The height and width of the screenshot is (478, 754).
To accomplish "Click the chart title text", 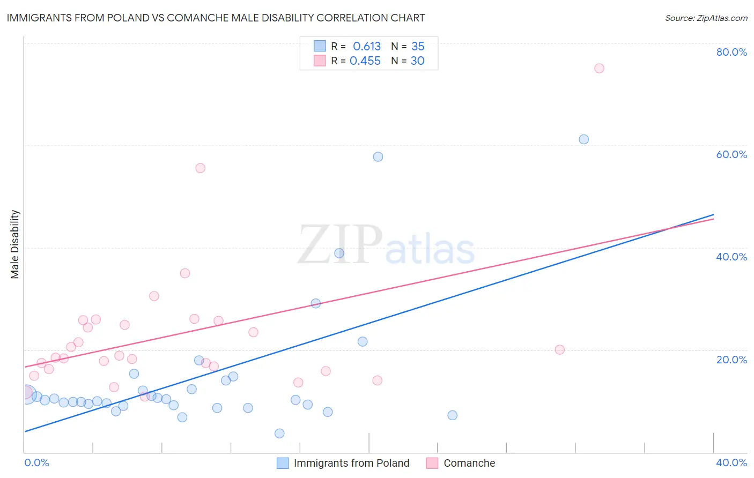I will (216, 18).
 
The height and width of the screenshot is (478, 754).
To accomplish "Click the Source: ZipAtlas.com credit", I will (706, 18).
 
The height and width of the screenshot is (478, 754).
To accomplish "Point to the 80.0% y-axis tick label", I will (731, 52).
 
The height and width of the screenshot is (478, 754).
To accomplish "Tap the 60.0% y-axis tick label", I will (731, 154).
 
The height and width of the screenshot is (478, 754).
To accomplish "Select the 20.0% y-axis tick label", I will (731, 360).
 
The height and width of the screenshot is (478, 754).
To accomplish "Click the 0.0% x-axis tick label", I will (37, 462).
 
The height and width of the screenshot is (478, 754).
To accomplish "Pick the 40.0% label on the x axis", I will (731, 462).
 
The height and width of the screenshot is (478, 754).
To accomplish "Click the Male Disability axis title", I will (15, 244).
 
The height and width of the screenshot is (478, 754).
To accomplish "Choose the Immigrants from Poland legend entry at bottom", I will (351, 463).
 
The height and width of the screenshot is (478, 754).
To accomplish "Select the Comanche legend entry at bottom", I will (469, 463).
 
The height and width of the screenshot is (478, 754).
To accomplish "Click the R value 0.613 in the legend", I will (367, 47).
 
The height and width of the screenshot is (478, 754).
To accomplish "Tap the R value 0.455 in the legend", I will (365, 61).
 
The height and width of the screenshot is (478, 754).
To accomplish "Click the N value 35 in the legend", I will (418, 47).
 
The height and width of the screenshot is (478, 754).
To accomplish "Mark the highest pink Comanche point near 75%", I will (599, 69).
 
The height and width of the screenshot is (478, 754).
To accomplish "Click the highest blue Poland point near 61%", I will (584, 139).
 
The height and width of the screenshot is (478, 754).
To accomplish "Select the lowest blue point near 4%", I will (279, 434).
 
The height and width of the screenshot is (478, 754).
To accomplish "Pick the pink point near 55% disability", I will (201, 168).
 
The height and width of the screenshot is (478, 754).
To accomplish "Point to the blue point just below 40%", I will (339, 253).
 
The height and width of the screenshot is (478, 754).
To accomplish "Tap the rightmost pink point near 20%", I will (560, 350).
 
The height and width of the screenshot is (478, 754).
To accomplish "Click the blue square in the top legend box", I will (320, 46).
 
